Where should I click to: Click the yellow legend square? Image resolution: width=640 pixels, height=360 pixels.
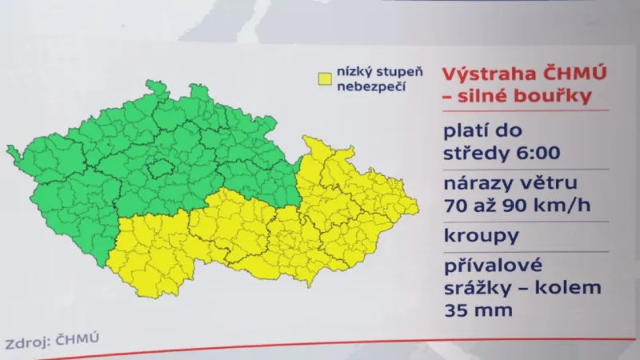coord(325,79)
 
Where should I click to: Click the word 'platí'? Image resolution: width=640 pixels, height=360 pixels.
coord(467,131)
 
